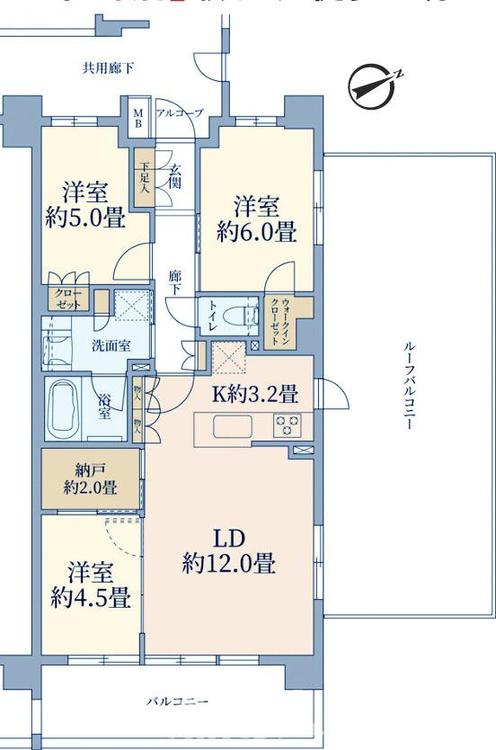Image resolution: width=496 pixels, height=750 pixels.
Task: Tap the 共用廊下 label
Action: pyautogui.click(x=107, y=67)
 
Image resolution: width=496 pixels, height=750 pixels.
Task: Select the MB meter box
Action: pyautogui.click(x=138, y=118)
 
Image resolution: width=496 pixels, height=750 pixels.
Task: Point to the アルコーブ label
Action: pyautogui.click(x=180, y=112)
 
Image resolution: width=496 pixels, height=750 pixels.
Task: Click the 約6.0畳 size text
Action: pyautogui.click(x=256, y=232)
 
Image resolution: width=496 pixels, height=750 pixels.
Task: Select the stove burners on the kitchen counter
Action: pyautogui.click(x=287, y=425)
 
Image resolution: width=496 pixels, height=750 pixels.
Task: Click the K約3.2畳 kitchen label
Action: pyautogui.click(x=255, y=394)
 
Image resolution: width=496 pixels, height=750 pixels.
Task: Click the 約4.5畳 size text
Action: pyautogui.click(x=90, y=596)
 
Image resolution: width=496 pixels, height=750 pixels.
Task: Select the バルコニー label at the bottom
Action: pyautogui.click(x=178, y=701)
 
